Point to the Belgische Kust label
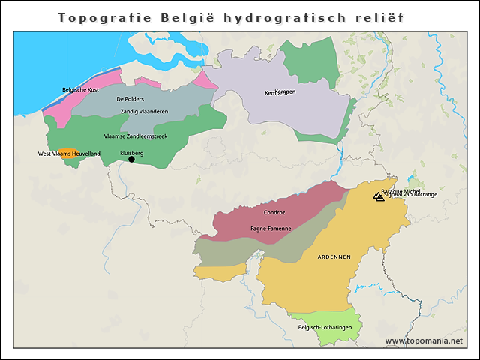[x=80, y=89]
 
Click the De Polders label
[x=130, y=99]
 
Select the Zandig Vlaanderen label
[x=144, y=112]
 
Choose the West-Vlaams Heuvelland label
[x=69, y=154]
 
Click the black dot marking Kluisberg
[x=131, y=159]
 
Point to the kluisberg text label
[x=131, y=152]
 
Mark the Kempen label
[x=277, y=93]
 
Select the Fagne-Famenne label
[x=271, y=227]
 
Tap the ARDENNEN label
[x=334, y=257]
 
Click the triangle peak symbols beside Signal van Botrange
[x=378, y=197]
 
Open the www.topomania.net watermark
[x=424, y=340]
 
